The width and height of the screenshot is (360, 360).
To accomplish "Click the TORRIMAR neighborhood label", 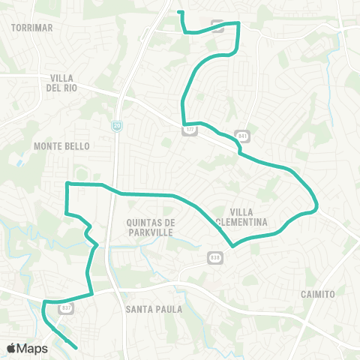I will (32, 27).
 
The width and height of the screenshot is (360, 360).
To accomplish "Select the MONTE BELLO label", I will (61, 146).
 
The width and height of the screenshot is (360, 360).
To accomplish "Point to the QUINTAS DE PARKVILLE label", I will (151, 228).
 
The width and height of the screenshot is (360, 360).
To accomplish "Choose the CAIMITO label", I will (316, 294).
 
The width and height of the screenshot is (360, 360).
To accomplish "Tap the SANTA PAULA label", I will (150, 309).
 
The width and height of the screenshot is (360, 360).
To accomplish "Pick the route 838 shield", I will (214, 257).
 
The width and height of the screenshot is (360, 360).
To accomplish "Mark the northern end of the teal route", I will (178, 12).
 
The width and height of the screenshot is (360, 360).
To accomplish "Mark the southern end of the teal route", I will (77, 346).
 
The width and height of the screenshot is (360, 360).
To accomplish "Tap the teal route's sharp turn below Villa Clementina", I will (233, 245).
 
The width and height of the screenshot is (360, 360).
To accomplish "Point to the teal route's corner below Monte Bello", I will (67, 184).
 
